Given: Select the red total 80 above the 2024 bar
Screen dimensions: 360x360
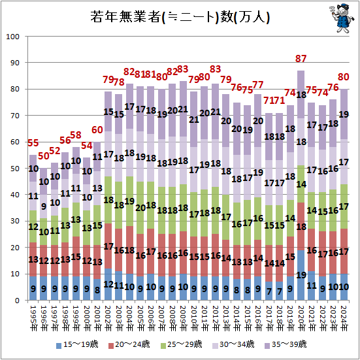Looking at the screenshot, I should point(343,77).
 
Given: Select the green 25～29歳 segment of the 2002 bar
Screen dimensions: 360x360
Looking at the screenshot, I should point(108,201).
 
